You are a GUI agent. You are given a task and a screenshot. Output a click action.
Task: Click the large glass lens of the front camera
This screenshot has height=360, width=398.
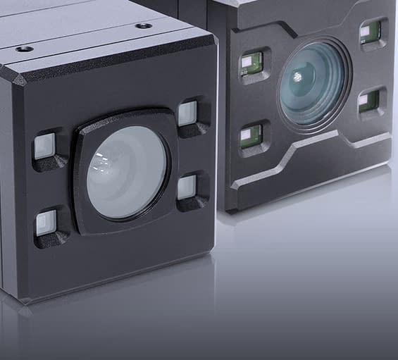click(127, 173)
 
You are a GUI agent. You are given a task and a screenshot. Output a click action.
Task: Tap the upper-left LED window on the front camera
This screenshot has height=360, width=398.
click(44, 147)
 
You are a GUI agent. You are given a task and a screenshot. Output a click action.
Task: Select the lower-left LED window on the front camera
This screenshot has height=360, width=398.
click(46, 223)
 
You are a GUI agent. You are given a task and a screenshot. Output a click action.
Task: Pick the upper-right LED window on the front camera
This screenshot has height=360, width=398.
click(187, 113)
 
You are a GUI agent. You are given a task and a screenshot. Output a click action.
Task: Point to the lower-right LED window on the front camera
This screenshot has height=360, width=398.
click(187, 187)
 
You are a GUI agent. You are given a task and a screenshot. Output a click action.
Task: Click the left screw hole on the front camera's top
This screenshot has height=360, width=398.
click(24, 49)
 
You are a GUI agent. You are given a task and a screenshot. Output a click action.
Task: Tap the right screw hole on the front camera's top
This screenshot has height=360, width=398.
click(144, 26)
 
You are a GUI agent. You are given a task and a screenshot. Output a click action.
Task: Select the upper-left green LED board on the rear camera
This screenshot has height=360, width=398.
click(251, 63)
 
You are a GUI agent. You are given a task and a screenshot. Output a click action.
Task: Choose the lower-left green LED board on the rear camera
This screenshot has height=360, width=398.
click(251, 135)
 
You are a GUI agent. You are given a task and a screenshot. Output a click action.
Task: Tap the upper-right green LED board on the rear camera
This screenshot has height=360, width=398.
click(371, 31)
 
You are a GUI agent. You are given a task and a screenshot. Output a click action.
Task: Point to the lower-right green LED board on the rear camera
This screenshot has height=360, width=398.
click(369, 101)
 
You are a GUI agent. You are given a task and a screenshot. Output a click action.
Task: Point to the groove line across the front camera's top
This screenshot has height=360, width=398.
click(85, 44)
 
